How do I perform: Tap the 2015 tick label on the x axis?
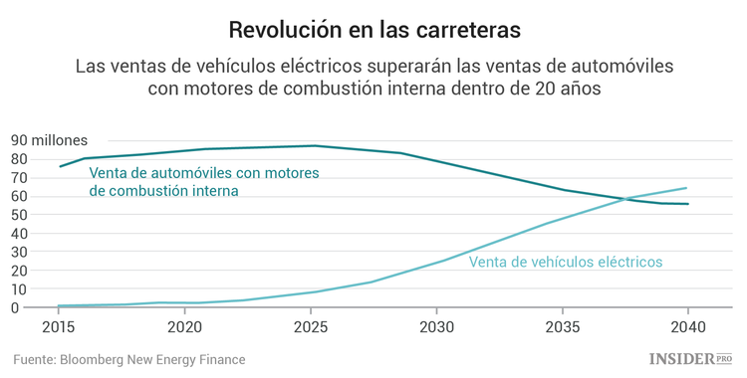(59, 326)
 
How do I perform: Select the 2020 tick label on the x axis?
(184, 326)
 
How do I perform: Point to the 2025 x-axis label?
(310, 326)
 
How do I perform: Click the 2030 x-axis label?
(436, 326)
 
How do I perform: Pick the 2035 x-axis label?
(562, 326)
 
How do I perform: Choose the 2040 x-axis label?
(687, 326)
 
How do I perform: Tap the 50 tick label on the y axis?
(19, 214)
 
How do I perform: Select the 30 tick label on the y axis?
(19, 252)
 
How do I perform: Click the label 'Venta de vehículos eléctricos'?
(565, 263)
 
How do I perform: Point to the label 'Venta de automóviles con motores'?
(203, 173)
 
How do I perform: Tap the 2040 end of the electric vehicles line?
(686, 188)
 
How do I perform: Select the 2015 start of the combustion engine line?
(60, 166)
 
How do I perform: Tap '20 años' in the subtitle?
(568, 88)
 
